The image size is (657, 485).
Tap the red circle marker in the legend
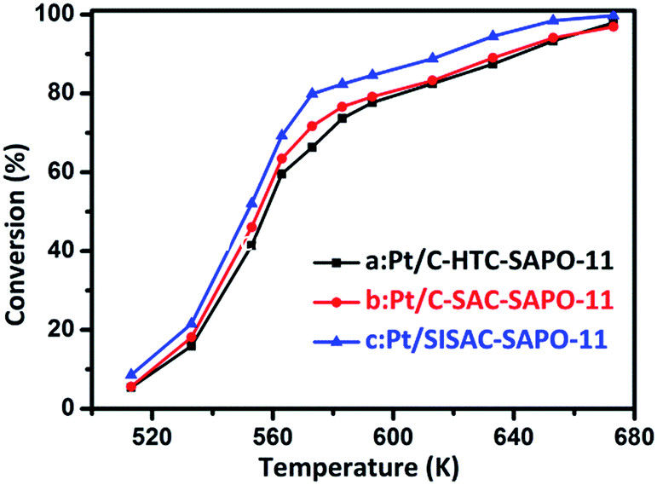pyautogui.click(x=336, y=302)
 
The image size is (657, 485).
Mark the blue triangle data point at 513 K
pyautogui.click(x=130, y=373)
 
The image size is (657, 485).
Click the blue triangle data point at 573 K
pyautogui.click(x=312, y=93)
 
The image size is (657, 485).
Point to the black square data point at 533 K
pyautogui.click(x=191, y=345)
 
